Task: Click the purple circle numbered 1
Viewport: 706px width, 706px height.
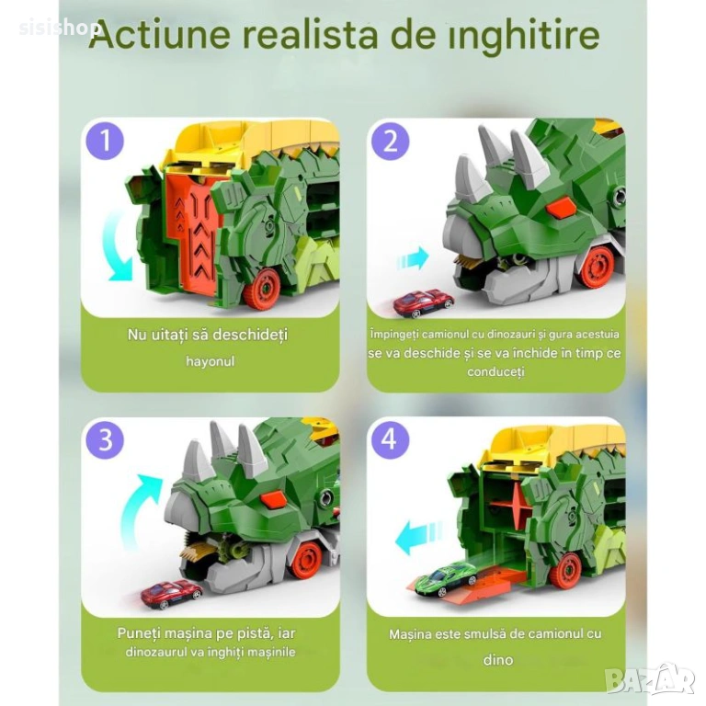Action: (x=105, y=140)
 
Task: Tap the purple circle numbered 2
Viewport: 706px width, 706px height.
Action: (x=391, y=141)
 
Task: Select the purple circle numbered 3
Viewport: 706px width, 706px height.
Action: (x=105, y=439)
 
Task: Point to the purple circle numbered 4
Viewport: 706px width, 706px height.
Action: (x=391, y=438)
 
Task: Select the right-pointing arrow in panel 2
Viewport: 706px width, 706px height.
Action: (x=413, y=258)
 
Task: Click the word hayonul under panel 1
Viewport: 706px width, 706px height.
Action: (x=211, y=361)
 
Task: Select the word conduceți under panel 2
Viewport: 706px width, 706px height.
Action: (x=495, y=372)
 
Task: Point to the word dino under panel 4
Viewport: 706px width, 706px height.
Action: (x=498, y=660)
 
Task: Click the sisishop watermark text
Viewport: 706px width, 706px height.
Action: (x=59, y=28)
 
